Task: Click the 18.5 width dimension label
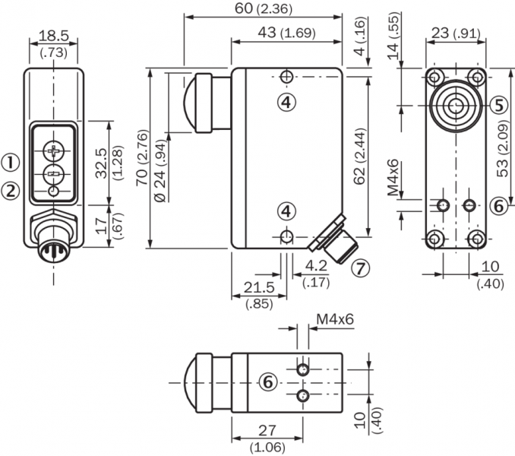[53, 36]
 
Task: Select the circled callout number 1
[10, 161]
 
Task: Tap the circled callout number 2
[10, 191]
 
